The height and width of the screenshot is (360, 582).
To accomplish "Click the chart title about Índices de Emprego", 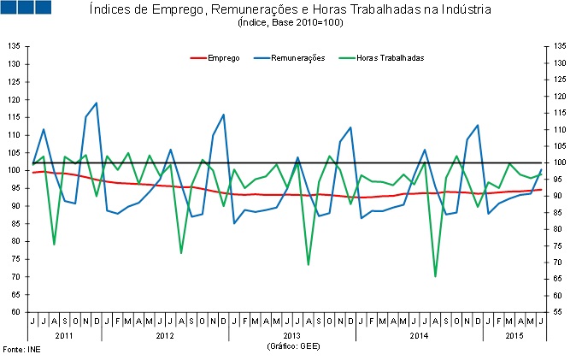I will pyautogui.click(x=291, y=10).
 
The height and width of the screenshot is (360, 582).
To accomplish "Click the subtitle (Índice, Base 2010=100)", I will pyautogui.click(x=291, y=23).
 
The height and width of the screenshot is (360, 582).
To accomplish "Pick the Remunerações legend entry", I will pyautogui.click(x=297, y=57).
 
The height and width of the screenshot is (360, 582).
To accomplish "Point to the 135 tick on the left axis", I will pyautogui.click(x=15, y=45).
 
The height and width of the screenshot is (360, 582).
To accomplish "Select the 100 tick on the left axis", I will pyautogui.click(x=15, y=170).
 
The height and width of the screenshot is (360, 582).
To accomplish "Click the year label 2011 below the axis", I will pyautogui.click(x=64, y=335).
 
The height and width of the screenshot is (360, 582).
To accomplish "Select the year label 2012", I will pyautogui.click(x=165, y=335).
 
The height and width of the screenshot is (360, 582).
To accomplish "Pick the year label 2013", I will pyautogui.click(x=291, y=335).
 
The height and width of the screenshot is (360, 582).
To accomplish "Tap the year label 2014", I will pyautogui.click(x=418, y=335).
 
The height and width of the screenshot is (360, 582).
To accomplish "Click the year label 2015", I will pyautogui.click(x=513, y=335).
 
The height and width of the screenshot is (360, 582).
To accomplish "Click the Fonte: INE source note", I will pyautogui.click(x=21, y=350).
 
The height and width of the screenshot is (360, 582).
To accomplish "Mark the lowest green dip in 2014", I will pyautogui.click(x=435, y=276).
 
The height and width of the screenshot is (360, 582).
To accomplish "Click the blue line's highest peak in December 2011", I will pyautogui.click(x=96, y=103).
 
